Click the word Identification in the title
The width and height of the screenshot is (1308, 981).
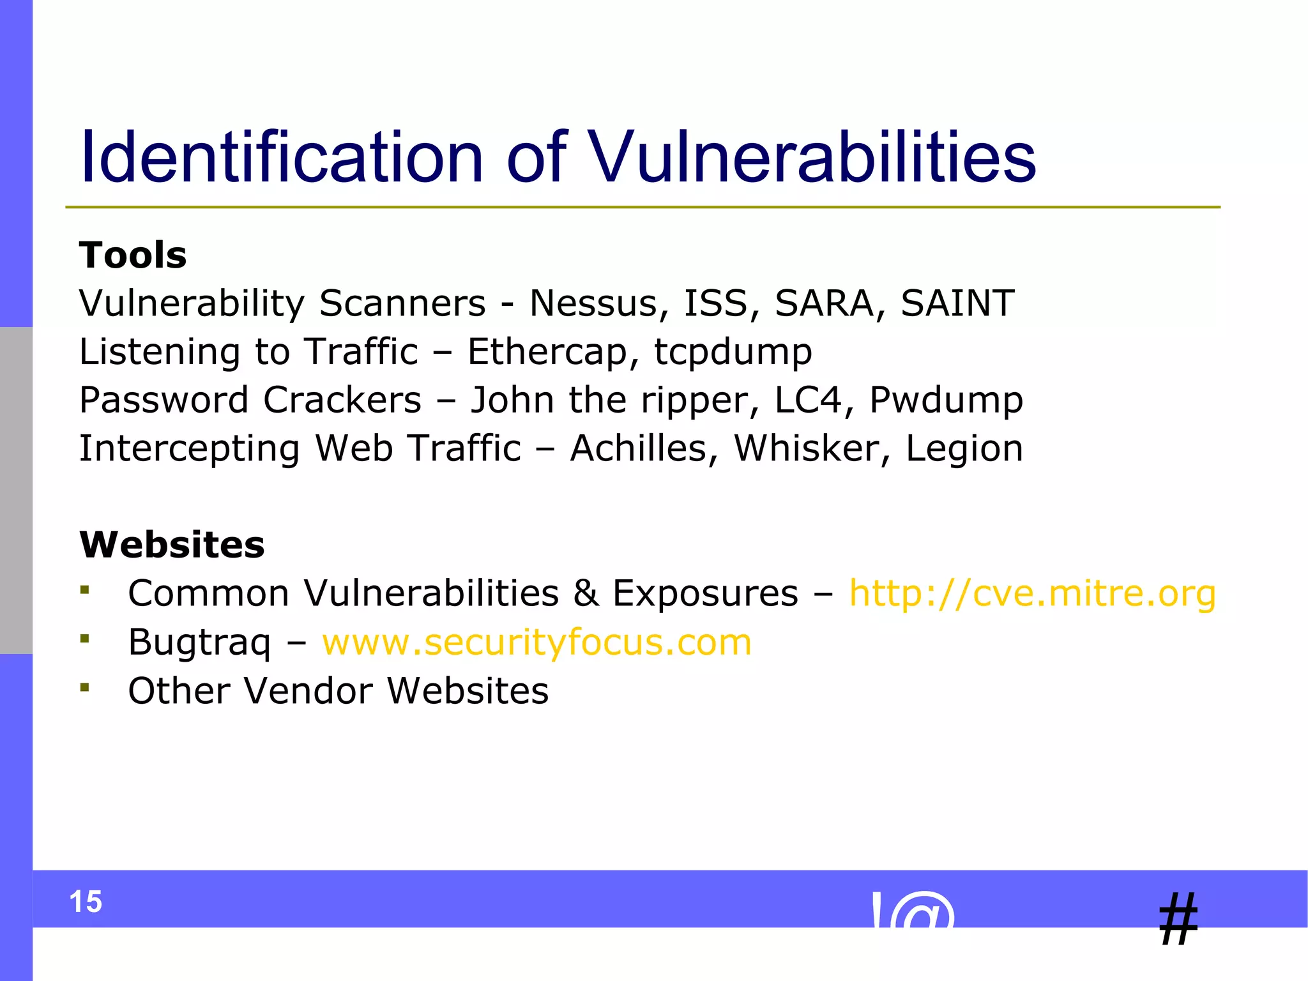click(281, 157)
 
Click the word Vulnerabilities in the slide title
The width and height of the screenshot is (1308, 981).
click(811, 157)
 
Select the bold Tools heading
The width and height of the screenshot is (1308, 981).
click(133, 255)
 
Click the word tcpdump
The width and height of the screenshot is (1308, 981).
click(733, 353)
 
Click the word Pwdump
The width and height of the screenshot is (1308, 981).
click(946, 401)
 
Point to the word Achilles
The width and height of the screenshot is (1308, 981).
click(639, 448)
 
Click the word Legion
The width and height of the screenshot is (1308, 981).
click(964, 450)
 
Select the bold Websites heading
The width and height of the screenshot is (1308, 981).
click(172, 545)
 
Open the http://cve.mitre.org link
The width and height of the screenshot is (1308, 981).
click(1032, 593)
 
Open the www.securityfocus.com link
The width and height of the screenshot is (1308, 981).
click(536, 642)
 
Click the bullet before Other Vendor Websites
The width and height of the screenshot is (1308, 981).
click(85, 687)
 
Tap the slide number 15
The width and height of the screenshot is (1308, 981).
click(86, 902)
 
